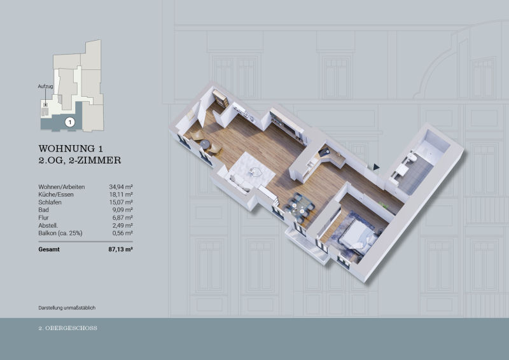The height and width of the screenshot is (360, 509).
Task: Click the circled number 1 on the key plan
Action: coord(70,122)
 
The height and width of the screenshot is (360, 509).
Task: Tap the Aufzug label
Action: coord(45,87)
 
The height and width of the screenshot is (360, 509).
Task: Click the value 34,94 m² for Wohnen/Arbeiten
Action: coord(121,186)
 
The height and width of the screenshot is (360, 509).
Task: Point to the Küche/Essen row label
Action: coord(56,195)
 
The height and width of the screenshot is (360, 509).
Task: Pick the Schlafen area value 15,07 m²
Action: coord(121,202)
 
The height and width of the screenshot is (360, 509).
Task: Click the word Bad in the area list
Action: coord(43,210)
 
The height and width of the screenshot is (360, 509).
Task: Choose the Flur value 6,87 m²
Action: coord(122,218)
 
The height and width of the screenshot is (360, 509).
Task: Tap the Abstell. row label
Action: coord(48,225)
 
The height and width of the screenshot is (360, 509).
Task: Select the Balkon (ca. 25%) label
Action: coord(60,233)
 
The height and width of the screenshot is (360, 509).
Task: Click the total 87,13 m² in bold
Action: coord(120,249)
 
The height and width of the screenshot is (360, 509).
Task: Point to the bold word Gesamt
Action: coord(49,249)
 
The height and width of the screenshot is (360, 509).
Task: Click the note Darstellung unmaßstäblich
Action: coord(67,308)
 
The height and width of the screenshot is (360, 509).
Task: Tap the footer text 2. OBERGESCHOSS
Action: coord(68,328)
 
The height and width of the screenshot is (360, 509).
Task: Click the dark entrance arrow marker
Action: coord(376,167)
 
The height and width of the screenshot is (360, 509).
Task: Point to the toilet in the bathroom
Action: coord(412,157)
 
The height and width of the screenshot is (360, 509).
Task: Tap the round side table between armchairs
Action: coord(205,144)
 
